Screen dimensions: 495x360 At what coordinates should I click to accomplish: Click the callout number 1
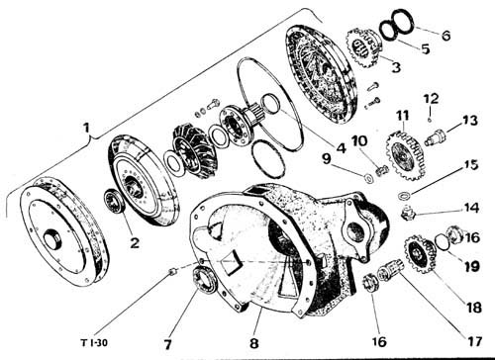[x=86, y=127]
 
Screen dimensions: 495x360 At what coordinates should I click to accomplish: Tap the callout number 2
[x=135, y=243]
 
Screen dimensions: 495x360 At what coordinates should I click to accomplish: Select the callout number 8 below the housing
[x=253, y=343]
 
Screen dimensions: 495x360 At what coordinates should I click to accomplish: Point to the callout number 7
[x=167, y=344]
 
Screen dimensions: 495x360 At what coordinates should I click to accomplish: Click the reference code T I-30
[x=94, y=343]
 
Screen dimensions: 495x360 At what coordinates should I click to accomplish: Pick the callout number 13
[x=470, y=121]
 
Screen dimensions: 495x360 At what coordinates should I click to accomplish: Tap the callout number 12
[x=431, y=99]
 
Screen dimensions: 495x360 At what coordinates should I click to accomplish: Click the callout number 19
[x=472, y=266]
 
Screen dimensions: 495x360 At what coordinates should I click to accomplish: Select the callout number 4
[x=341, y=147]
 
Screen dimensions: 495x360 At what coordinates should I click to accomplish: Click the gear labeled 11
[x=406, y=155]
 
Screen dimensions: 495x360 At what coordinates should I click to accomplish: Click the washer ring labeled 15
[x=404, y=195]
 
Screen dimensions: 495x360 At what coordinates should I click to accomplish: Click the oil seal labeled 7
[x=205, y=281]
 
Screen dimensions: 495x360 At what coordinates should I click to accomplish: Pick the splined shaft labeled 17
[x=389, y=270]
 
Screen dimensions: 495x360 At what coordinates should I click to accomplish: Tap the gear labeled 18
[x=420, y=253]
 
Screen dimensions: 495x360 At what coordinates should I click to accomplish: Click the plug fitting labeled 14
[x=408, y=214]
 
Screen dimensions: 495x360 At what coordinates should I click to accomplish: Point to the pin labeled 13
[x=435, y=136]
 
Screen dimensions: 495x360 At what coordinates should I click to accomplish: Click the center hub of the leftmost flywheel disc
[x=53, y=238]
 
